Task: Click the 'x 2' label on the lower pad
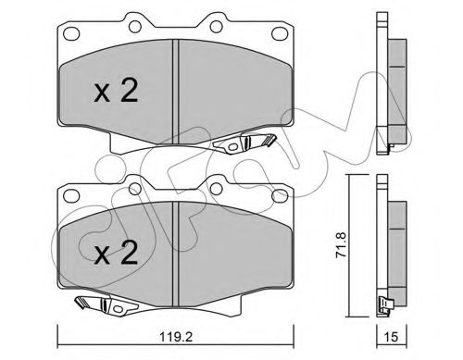[115, 252]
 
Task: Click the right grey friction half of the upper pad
[231, 88]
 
